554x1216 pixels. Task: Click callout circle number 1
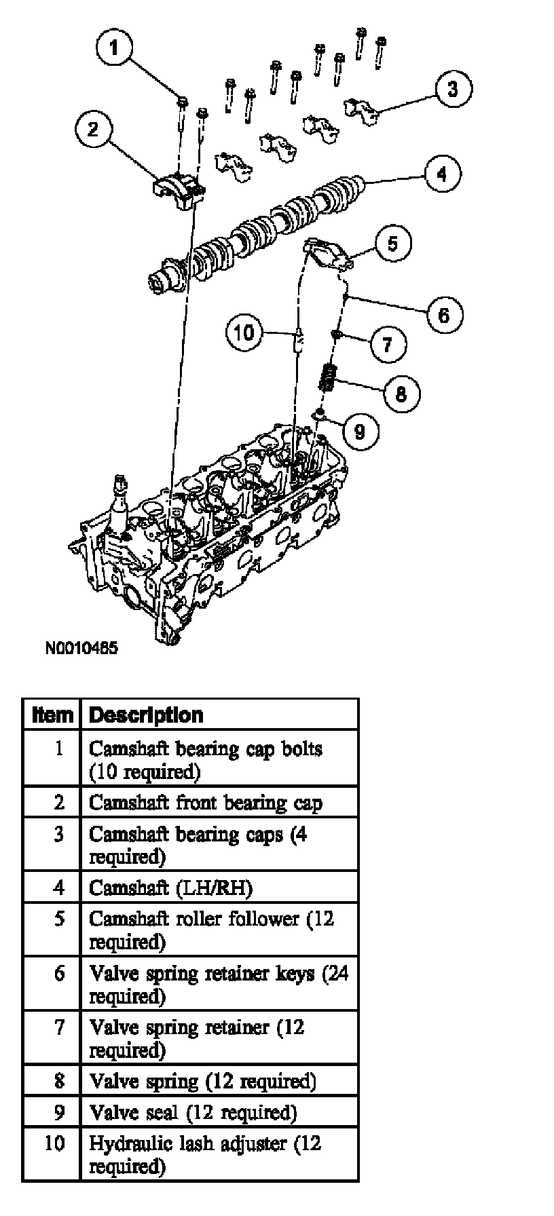click(114, 47)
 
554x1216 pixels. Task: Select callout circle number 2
click(93, 129)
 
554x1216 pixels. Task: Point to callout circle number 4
click(442, 174)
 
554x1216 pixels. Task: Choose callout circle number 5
click(393, 244)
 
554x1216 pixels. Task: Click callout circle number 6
click(443, 315)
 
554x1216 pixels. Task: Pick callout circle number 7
click(387, 344)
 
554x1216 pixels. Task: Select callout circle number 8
click(401, 393)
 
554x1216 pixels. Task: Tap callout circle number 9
click(360, 430)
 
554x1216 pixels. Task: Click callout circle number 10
click(244, 332)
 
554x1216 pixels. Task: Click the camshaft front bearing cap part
click(178, 187)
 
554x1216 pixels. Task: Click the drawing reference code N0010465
click(81, 648)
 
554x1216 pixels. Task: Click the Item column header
click(52, 715)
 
